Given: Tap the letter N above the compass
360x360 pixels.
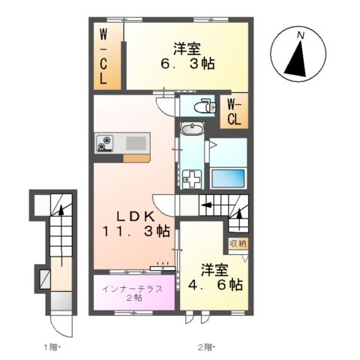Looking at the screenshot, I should click(x=300, y=35).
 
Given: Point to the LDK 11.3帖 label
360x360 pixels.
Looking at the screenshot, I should click(x=135, y=223).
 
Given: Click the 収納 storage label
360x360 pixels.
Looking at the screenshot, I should click(x=238, y=243).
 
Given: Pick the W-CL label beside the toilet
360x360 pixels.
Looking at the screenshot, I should click(x=235, y=111).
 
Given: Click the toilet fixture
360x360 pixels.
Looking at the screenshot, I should click(x=202, y=107).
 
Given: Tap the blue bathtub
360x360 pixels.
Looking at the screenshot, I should click(x=228, y=178).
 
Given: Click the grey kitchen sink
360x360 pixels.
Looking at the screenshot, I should click(x=137, y=142).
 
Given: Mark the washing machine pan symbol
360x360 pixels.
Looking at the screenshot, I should click(x=193, y=180).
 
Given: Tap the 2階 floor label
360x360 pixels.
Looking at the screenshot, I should click(x=205, y=346).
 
